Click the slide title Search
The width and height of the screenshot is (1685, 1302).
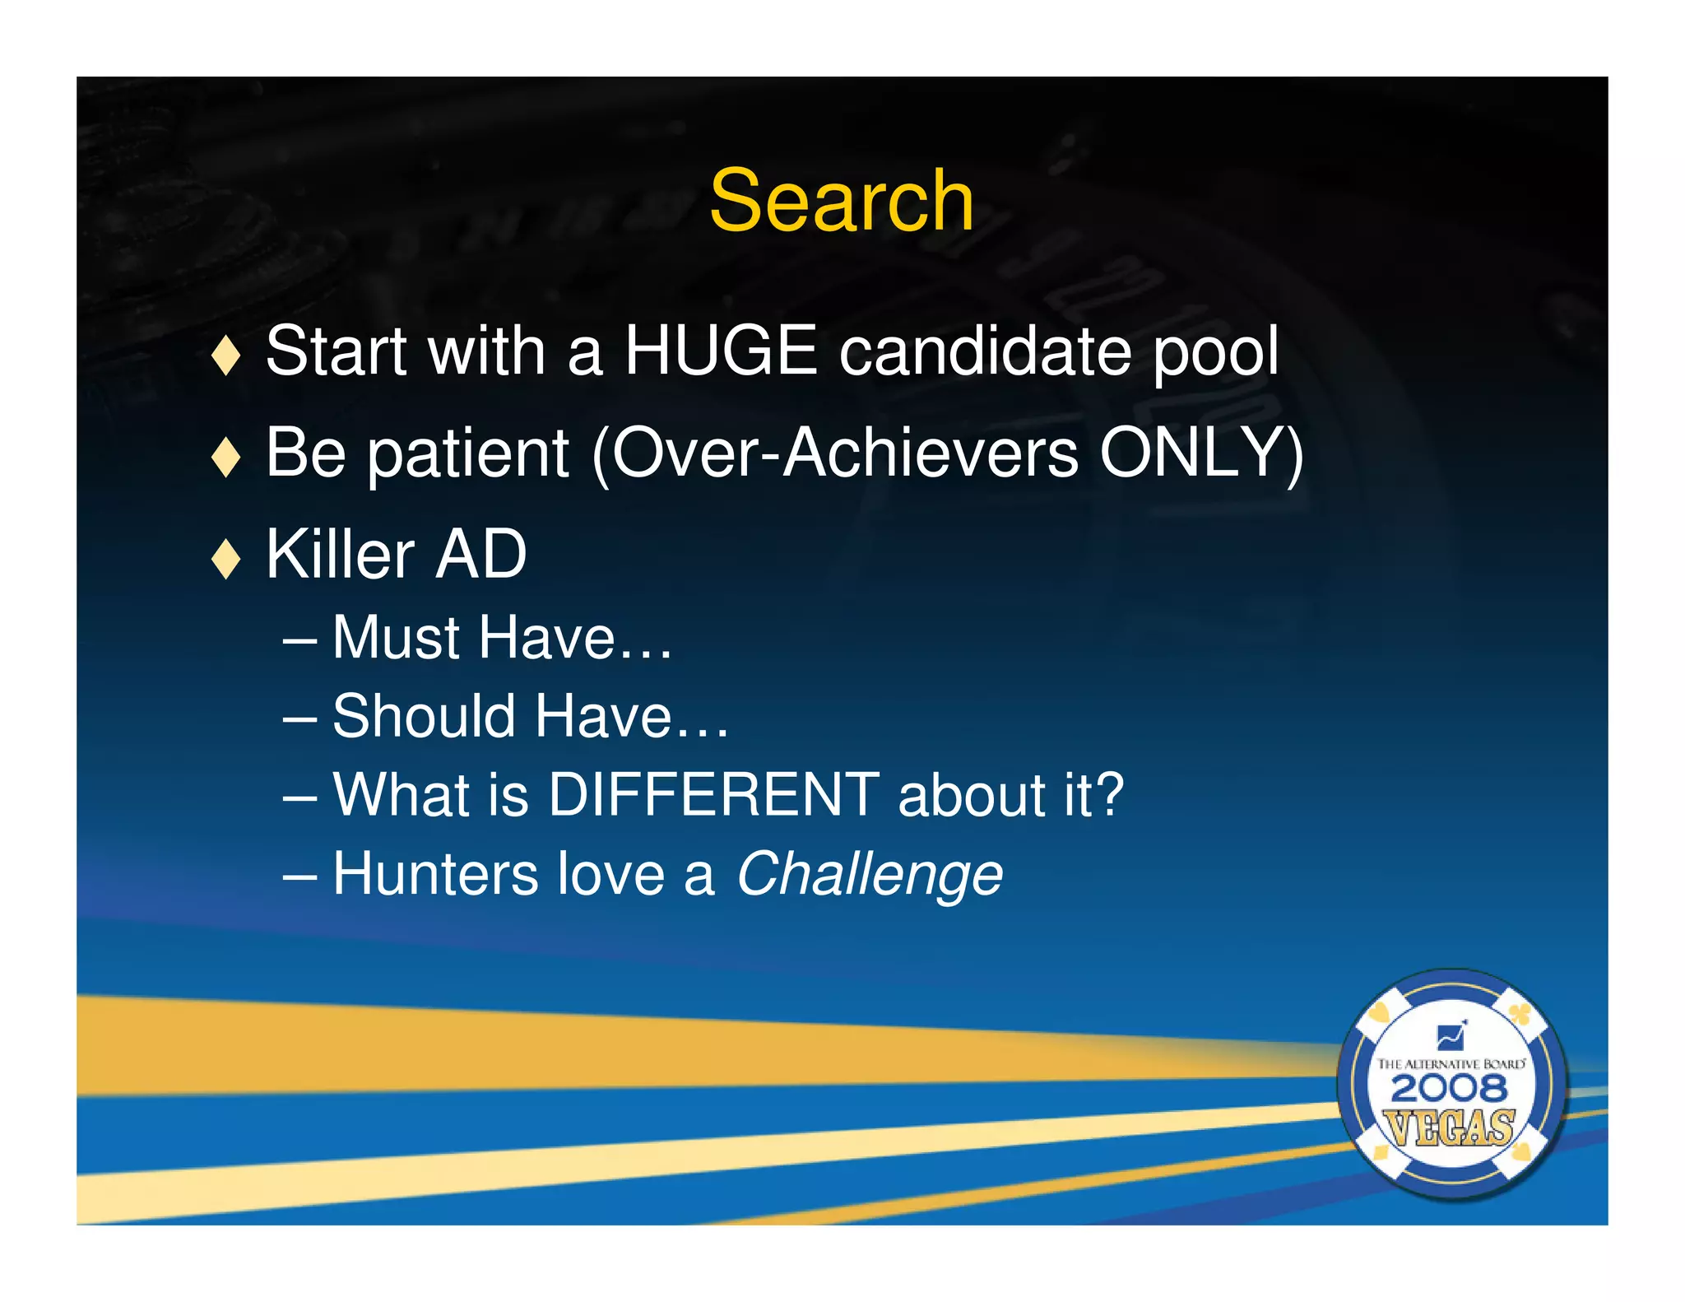pos(841,201)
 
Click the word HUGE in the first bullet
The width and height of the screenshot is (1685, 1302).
pos(721,351)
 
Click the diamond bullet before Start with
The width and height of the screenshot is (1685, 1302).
pos(225,356)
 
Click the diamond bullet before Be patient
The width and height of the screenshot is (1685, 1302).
pos(225,458)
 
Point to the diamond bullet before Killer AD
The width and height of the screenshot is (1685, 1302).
pos(225,560)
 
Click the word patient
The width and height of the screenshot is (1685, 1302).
pos(467,454)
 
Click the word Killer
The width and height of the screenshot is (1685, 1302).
pos(340,555)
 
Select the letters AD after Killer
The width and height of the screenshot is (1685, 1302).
pos(480,555)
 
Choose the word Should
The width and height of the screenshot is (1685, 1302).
pos(423,716)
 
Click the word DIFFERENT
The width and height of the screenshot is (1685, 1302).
pos(713,795)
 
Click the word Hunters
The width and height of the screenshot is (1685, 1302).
pos(435,874)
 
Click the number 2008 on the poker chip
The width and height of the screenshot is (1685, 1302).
pos(1449,1090)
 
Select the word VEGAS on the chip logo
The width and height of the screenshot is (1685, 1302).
pos(1449,1128)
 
